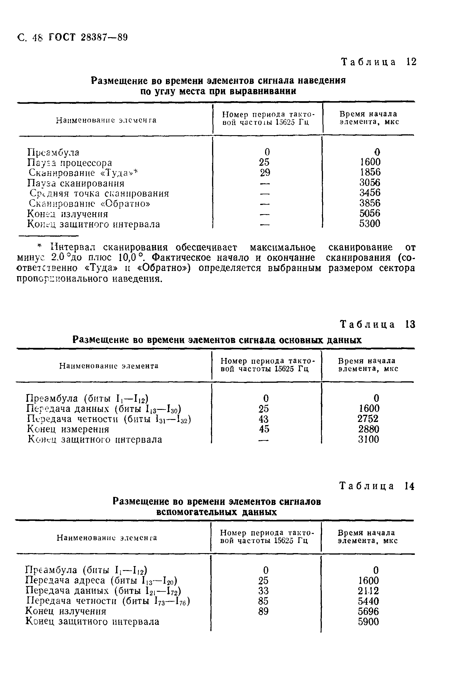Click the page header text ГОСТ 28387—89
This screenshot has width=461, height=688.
88,38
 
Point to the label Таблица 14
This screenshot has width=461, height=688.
377,486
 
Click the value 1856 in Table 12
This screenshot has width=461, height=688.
370,172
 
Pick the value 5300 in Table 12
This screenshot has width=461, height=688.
370,224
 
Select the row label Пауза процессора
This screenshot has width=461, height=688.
70,163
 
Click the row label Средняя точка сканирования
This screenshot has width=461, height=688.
99,194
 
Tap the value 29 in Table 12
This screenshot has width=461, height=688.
265,173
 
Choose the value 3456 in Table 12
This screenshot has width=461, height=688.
370,193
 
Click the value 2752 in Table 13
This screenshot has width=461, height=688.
368,419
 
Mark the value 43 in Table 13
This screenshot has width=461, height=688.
264,419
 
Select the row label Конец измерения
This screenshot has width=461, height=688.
68,429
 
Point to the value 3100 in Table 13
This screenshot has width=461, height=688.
369,440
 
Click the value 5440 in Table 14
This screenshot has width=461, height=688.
369,601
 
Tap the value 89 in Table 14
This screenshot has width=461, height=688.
263,612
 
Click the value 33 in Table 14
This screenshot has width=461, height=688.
263,591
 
